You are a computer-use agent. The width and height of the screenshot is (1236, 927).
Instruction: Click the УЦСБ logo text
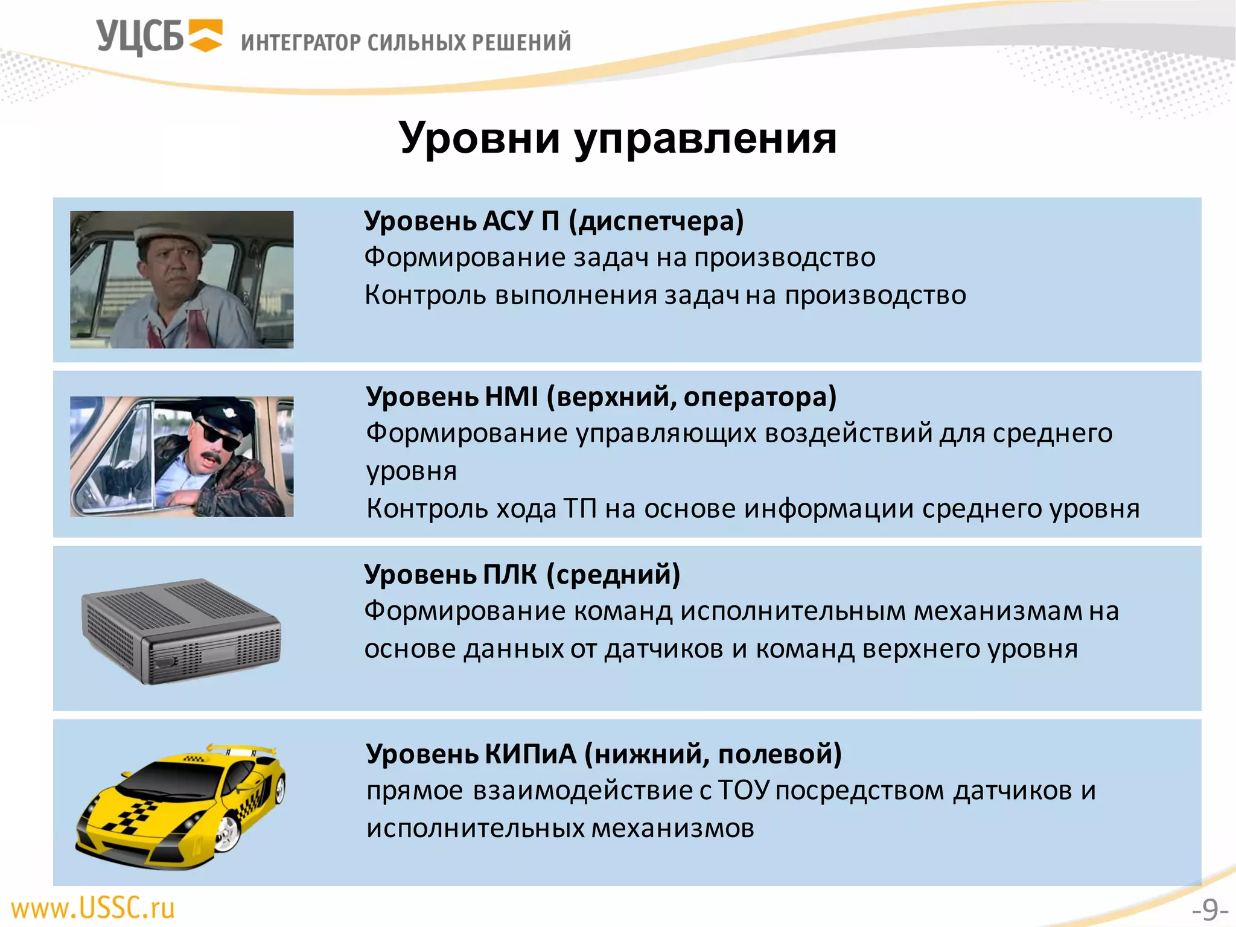click(x=139, y=37)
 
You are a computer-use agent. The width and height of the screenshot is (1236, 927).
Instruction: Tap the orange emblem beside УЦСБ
click(x=205, y=36)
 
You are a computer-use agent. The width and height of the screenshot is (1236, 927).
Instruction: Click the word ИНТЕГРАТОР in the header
click(x=301, y=42)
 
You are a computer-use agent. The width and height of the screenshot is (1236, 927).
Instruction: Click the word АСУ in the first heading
click(x=508, y=221)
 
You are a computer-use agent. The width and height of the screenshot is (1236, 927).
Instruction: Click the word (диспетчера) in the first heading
click(x=657, y=221)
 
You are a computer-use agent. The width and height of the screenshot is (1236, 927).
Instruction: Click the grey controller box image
click(x=181, y=631)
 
